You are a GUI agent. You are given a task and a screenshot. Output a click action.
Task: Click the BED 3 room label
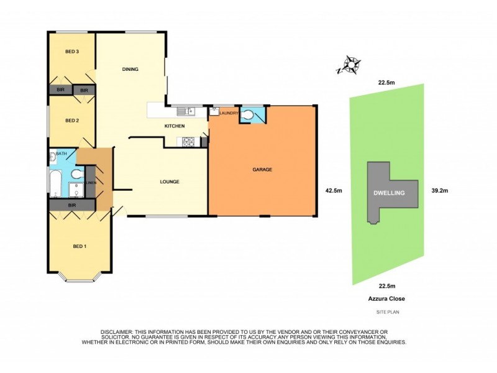[x=72, y=52]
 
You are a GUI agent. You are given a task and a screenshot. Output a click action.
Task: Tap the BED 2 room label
[x=72, y=121]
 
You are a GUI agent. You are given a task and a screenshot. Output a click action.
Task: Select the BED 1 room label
[x=80, y=247]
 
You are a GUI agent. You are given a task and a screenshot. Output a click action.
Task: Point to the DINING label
[x=130, y=69]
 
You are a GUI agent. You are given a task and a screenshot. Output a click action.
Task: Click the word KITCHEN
[x=175, y=127]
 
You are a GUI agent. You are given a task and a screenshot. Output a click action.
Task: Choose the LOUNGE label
[x=169, y=182]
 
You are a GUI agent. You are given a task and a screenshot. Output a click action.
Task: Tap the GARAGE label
[x=262, y=170]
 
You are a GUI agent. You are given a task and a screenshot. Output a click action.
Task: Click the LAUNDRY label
[x=229, y=113]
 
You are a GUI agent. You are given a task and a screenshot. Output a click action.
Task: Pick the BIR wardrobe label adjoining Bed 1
[x=72, y=205]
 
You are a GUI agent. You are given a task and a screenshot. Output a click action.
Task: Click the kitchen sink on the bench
[x=185, y=111]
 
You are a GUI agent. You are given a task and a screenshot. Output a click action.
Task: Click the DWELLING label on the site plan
[x=389, y=193]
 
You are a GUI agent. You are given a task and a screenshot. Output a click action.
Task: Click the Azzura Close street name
[x=386, y=298]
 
